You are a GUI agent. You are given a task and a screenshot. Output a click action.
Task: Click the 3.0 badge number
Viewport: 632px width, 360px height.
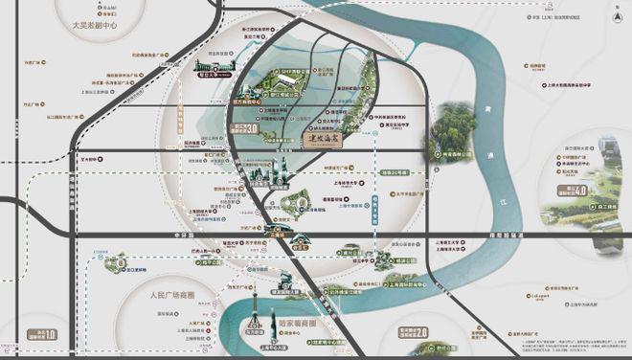click(254, 128)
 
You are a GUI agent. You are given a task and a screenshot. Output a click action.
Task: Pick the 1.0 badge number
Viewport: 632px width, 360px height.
click(51, 335)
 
